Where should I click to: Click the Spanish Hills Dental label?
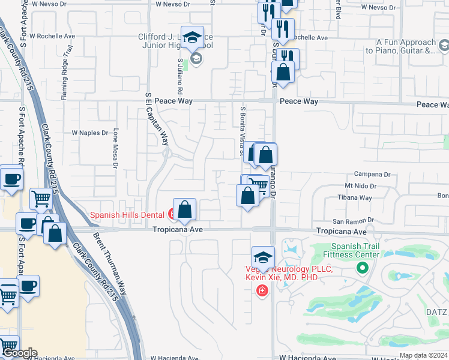pos(128,214)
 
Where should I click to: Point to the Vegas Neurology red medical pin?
pos(262,292)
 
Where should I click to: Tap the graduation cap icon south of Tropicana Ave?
pos(262,258)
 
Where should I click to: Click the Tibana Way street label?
pos(358,197)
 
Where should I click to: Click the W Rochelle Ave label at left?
pos(56,36)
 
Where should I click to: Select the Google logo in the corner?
pos(19,353)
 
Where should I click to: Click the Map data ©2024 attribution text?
pos(423,355)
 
